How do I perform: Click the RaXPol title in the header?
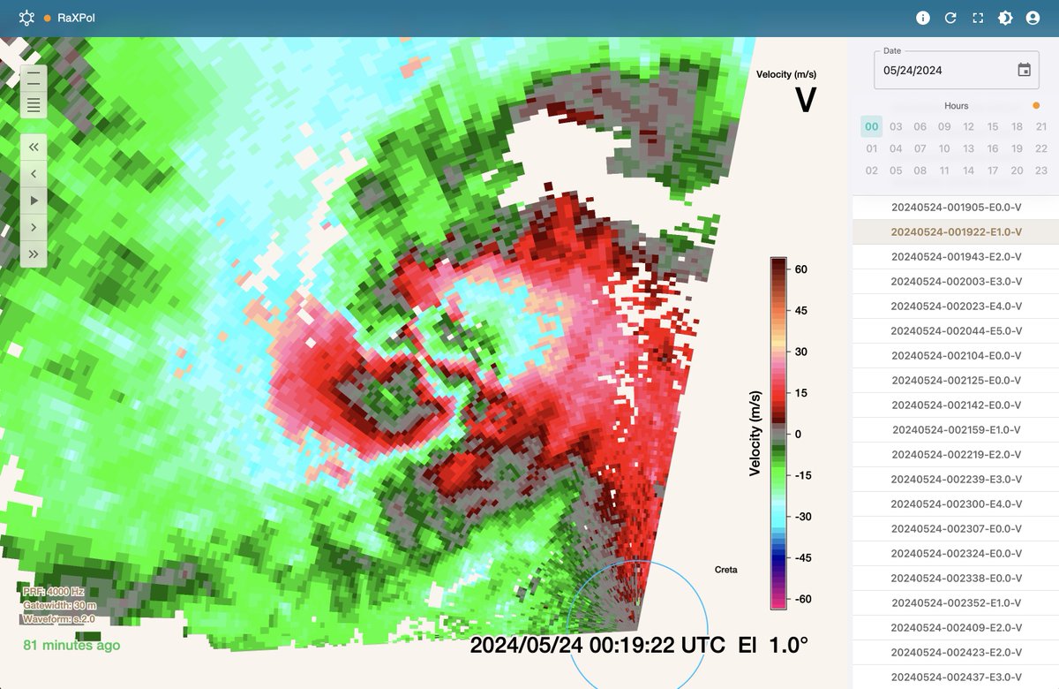tap(76, 18)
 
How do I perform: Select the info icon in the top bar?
tap(923, 18)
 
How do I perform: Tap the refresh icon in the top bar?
tap(950, 18)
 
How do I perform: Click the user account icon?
tap(1033, 18)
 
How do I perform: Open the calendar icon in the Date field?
tap(1024, 70)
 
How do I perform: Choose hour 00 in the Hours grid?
tap(872, 126)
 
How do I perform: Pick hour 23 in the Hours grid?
tap(1041, 170)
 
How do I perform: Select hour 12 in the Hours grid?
tap(969, 126)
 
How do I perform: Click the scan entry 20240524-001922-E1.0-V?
tap(957, 232)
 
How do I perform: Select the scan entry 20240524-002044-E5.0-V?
tap(957, 331)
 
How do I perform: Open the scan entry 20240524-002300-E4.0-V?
tap(957, 504)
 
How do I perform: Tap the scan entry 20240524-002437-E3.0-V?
tap(957, 678)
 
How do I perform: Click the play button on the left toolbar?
tap(34, 201)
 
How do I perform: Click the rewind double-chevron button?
tap(34, 148)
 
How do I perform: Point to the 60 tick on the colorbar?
tap(800, 269)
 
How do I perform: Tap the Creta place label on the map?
tap(725, 570)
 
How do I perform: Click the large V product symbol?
tap(806, 100)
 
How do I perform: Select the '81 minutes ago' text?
tap(71, 646)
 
